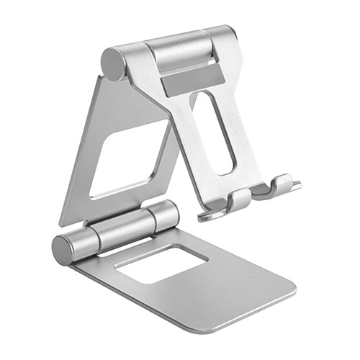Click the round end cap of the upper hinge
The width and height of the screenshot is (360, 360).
click(113, 63)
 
